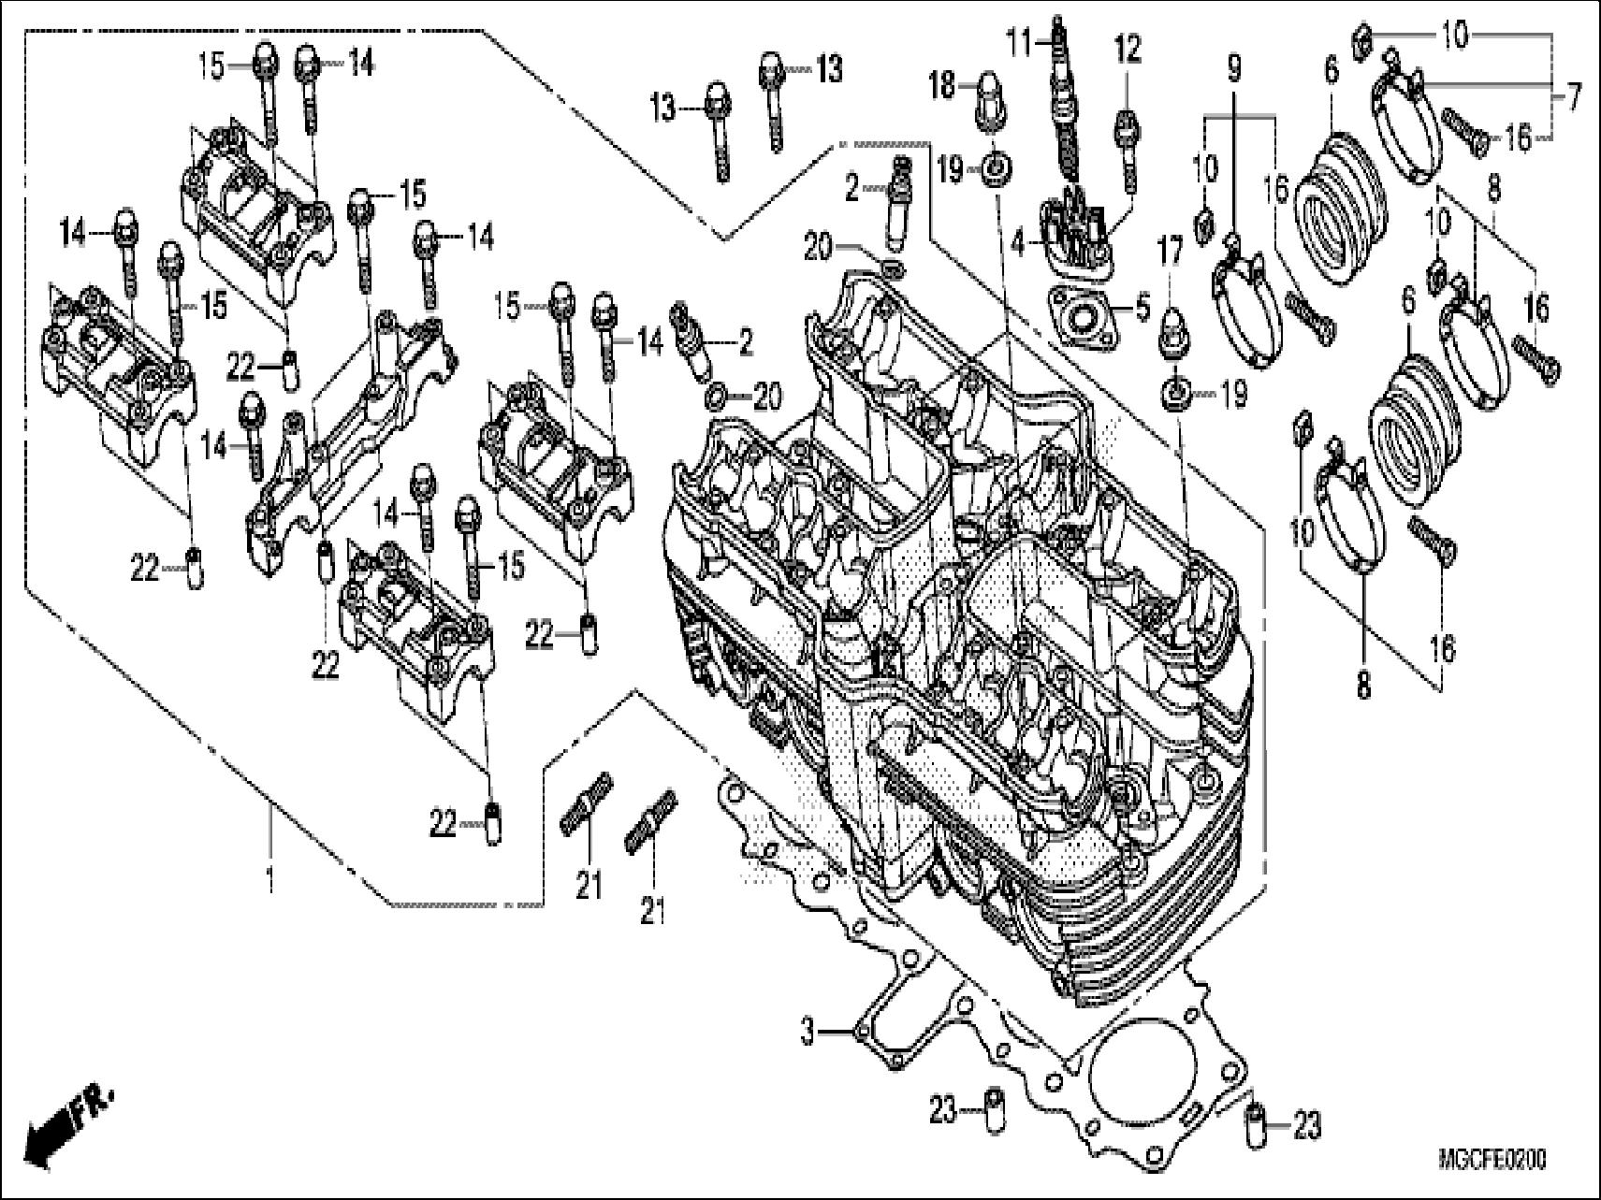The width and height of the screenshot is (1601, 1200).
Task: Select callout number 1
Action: [271, 880]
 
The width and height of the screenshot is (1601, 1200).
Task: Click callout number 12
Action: [1128, 50]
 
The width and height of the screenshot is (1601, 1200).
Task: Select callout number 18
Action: [941, 87]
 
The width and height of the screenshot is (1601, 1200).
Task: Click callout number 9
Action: [1233, 68]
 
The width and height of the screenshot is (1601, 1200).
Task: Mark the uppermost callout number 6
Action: [1332, 70]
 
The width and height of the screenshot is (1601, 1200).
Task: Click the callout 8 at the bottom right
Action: [1362, 686]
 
